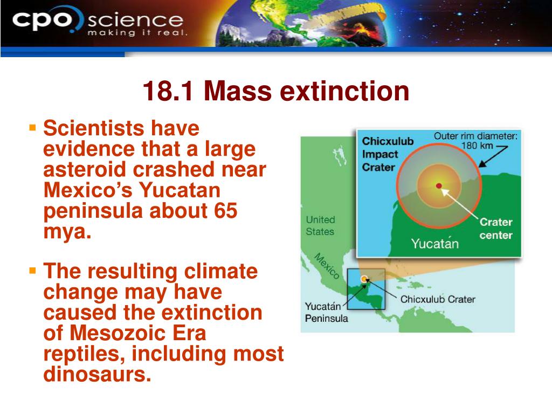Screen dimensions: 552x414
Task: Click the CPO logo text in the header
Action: (x=42, y=20)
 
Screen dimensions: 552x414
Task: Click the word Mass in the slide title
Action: (x=238, y=91)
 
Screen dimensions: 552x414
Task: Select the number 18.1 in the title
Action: (x=168, y=91)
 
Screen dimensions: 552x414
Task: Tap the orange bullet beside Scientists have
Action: (x=33, y=127)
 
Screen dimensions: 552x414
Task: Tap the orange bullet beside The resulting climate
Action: (x=33, y=271)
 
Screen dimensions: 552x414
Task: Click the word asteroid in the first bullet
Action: (x=85, y=169)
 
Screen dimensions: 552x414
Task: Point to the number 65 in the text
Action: (x=225, y=211)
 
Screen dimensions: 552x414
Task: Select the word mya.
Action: (x=67, y=232)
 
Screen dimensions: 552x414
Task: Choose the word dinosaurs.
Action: (x=97, y=374)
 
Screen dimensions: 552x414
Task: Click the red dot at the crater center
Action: (x=439, y=185)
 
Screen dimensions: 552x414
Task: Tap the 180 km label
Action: (x=477, y=146)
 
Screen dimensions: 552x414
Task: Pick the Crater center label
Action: (x=496, y=229)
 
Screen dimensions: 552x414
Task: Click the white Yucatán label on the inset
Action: (x=435, y=243)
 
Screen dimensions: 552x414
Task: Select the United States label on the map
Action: (x=320, y=225)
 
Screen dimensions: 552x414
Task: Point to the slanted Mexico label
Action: (x=326, y=266)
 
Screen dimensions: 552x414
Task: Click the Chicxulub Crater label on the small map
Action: (x=438, y=299)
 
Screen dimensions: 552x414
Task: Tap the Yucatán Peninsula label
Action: (x=326, y=312)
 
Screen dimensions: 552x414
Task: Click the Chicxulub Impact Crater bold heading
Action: (x=388, y=154)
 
